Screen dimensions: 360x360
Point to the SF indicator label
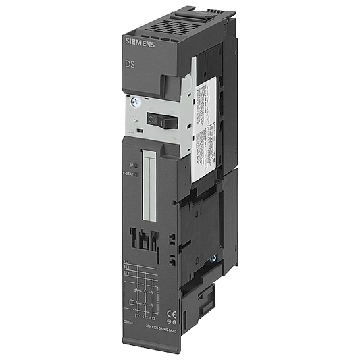tap(131, 165)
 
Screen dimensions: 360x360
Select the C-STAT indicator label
tap(128, 174)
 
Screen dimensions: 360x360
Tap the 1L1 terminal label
tap(126, 261)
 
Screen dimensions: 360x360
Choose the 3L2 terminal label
tap(126, 268)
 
